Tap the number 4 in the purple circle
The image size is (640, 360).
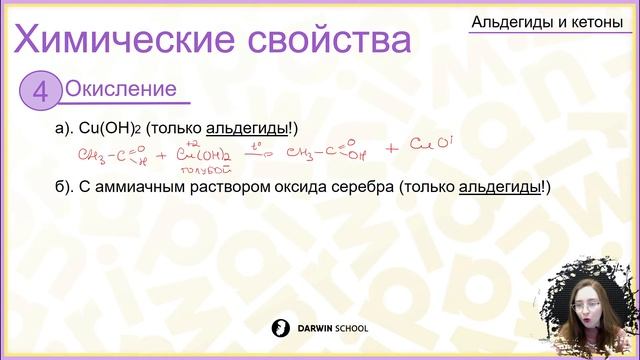41,92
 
